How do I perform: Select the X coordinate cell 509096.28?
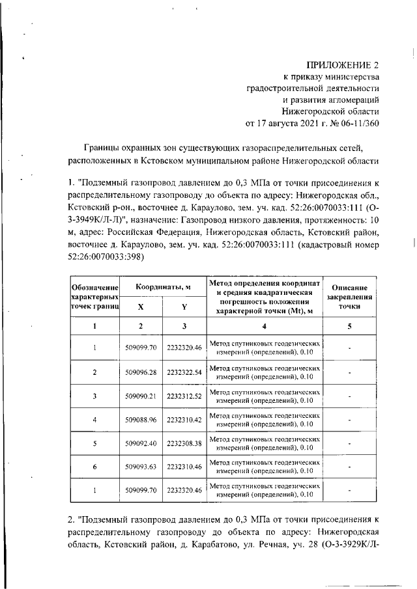tap(141, 372)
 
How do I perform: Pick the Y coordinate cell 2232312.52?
tap(184, 396)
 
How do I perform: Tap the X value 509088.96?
tap(141, 419)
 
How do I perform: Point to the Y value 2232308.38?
tap(184, 443)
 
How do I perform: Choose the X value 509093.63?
tap(141, 466)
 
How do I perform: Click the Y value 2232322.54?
tap(184, 372)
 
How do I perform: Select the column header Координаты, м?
tap(163, 287)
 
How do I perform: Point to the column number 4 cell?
tap(265, 325)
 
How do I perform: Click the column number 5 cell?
tap(350, 325)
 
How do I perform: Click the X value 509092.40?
tap(141, 443)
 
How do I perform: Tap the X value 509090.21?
tap(141, 396)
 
